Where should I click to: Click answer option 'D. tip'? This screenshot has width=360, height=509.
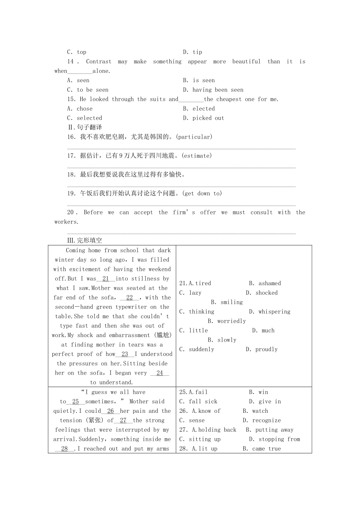[x=193, y=52]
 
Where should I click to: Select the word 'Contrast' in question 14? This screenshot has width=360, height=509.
[x=99, y=62]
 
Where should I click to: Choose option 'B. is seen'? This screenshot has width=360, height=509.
[x=199, y=81]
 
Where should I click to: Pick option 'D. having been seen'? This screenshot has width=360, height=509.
[x=213, y=90]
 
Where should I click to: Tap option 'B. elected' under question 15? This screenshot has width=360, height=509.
[x=199, y=109]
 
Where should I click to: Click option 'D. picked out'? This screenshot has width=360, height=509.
[x=203, y=118]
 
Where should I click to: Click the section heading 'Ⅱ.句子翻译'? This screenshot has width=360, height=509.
[x=85, y=128]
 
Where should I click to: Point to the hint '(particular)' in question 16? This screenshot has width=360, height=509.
[x=194, y=137]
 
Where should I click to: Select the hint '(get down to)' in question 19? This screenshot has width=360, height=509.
[x=202, y=194]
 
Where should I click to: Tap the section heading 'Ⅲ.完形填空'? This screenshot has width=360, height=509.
[x=85, y=240]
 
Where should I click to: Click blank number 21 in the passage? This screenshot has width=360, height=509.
[x=106, y=279]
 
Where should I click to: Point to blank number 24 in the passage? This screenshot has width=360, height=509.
[x=160, y=373]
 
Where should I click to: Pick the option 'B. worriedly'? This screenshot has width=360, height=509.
[x=227, y=321]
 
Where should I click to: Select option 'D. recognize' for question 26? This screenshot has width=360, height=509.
[x=262, y=420]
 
